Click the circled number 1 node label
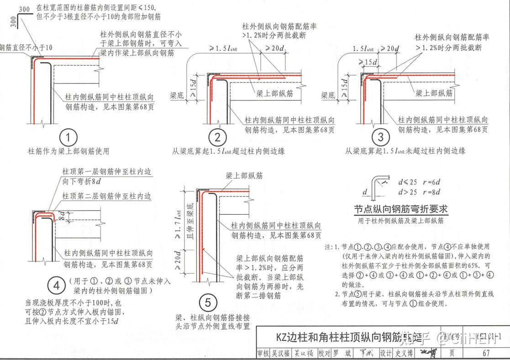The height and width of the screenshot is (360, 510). [68, 138]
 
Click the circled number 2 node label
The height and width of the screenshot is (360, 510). [218, 138]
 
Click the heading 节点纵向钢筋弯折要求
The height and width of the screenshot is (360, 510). [401, 209]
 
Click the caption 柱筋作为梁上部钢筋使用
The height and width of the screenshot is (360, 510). [68, 151]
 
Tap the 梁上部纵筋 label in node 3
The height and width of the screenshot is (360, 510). [434, 93]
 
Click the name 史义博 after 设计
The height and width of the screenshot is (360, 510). [404, 353]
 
